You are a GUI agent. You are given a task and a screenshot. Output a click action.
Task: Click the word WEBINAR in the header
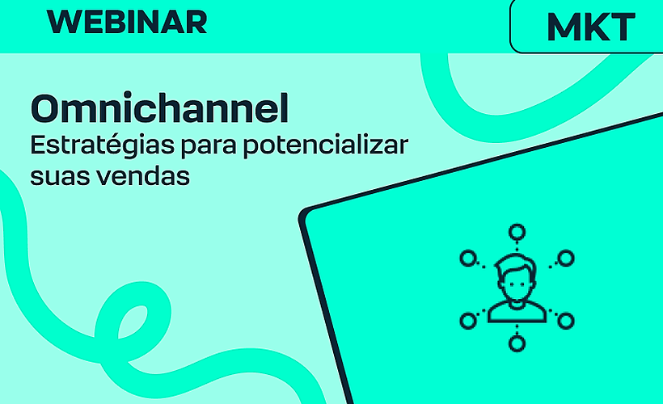(x=127, y=22)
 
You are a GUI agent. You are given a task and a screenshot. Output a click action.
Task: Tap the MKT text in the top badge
(x=590, y=27)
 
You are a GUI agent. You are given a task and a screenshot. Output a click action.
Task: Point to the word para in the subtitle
(x=201, y=149)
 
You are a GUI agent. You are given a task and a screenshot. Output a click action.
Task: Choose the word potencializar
(x=327, y=149)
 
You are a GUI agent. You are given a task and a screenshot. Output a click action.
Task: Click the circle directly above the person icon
(x=516, y=234)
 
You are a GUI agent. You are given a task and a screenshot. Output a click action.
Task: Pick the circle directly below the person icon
(x=516, y=343)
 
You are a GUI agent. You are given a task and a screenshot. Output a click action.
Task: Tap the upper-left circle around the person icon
(x=467, y=259)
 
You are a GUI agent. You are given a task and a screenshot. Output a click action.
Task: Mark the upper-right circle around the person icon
(x=566, y=259)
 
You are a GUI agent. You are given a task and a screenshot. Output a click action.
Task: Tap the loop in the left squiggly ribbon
(x=141, y=315)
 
